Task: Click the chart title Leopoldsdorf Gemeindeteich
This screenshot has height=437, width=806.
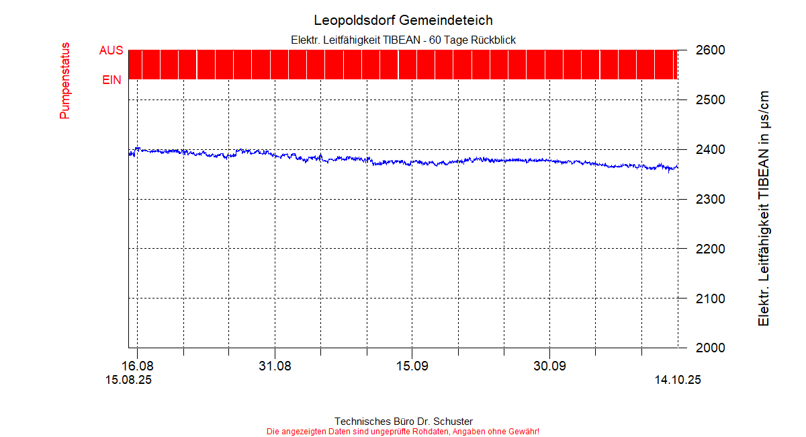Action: point(403,20)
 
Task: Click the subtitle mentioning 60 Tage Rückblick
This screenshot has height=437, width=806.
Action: point(403,40)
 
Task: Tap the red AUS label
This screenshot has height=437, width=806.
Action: point(111,51)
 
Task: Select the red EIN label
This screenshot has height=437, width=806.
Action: point(111,80)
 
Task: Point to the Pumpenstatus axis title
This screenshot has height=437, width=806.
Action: point(64,81)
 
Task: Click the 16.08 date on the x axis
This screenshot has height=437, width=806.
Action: point(137,366)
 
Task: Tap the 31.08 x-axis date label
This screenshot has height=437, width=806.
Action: point(275,366)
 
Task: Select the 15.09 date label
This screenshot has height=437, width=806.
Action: point(412,366)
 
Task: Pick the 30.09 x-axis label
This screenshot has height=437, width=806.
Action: point(549,366)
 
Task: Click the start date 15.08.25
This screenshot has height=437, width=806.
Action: point(128,381)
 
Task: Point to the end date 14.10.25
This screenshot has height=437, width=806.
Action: point(678,381)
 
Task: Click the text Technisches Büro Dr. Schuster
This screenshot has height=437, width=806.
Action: point(403,422)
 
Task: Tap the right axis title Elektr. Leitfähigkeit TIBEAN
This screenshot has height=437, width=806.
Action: point(764,208)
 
